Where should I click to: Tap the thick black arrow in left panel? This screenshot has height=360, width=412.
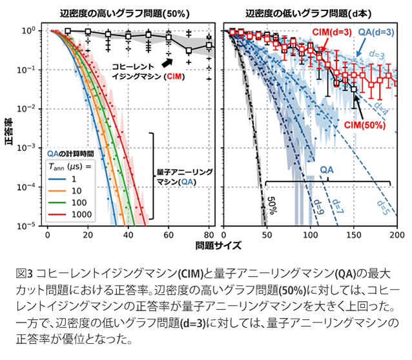point(167,62)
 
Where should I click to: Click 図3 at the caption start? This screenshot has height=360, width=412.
point(20,272)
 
